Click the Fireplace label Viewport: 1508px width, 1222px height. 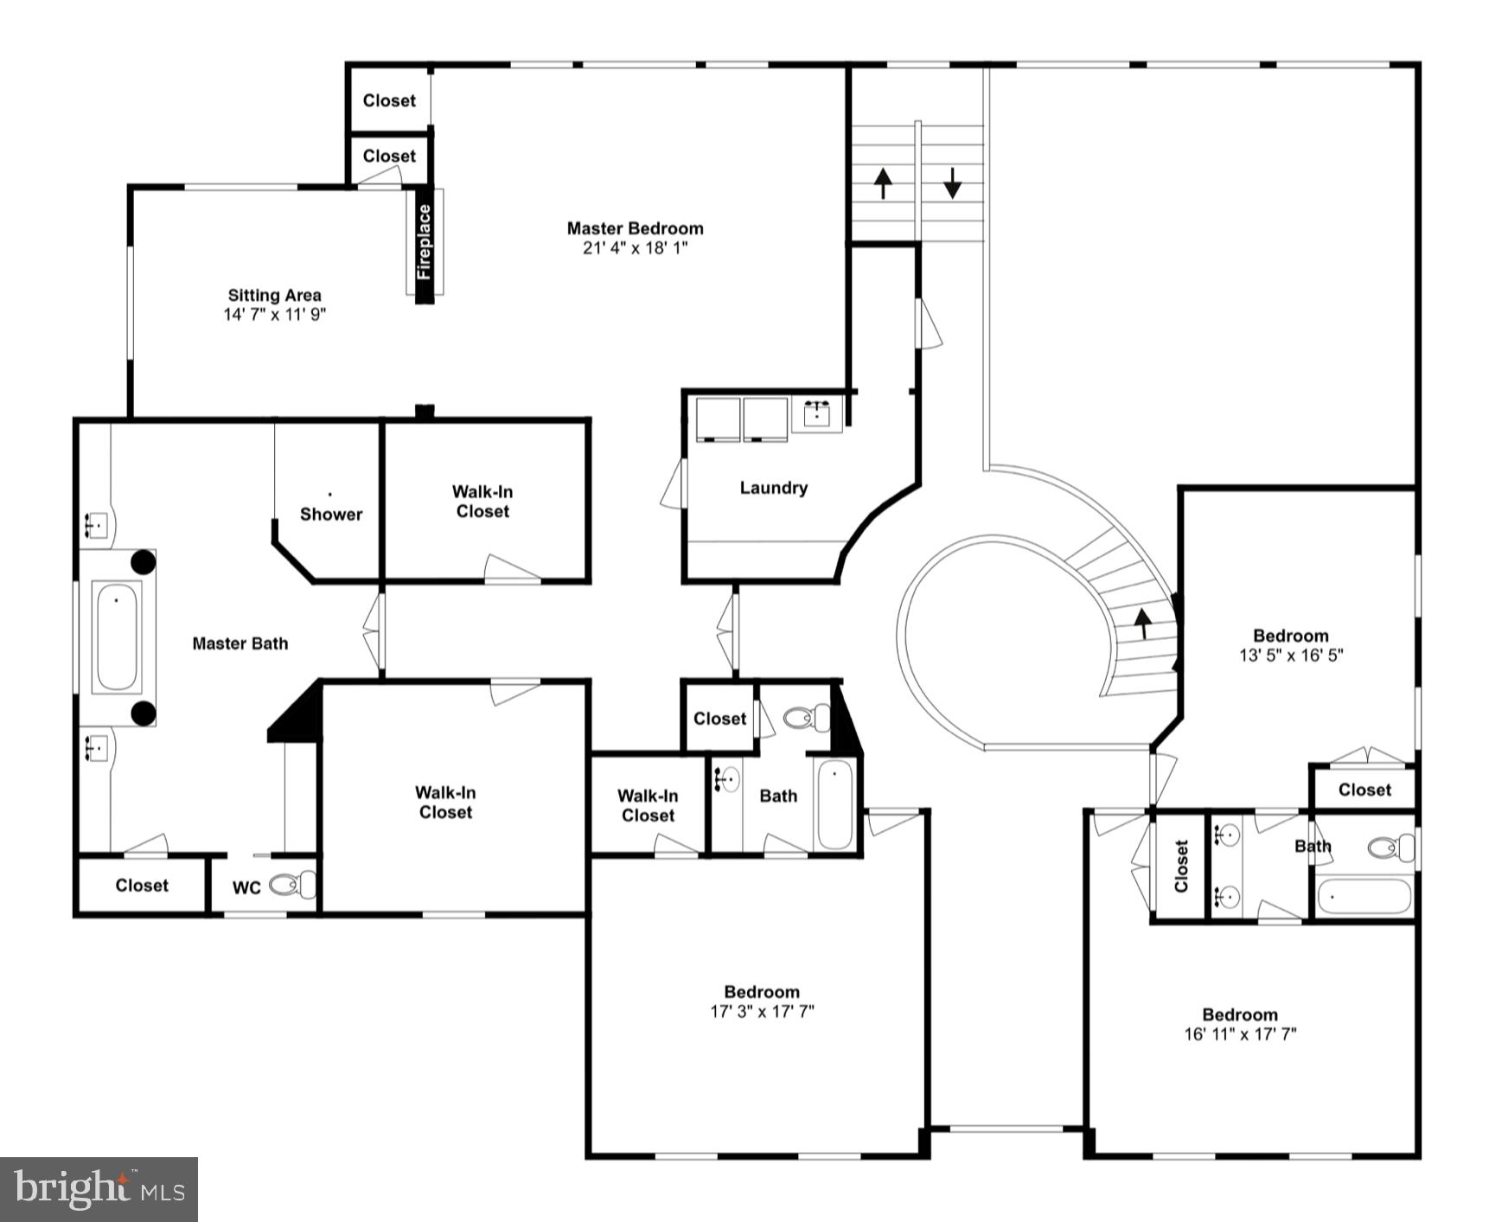424,242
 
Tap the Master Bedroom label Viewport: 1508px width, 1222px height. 635,228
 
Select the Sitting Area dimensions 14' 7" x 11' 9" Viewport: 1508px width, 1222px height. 274,315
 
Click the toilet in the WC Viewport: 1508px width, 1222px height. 292,885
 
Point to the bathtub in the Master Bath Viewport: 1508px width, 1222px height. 117,637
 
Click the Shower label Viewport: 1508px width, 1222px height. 330,514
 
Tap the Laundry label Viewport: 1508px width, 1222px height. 773,488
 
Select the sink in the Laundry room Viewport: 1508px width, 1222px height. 817,415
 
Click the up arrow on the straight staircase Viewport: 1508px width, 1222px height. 882,183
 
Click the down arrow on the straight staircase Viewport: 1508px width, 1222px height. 952,183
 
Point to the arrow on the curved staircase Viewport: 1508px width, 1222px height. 1143,621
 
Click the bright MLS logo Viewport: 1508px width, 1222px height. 99,1189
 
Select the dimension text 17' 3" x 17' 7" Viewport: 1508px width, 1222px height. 762,1011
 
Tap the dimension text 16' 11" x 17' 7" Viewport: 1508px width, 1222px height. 1240,1033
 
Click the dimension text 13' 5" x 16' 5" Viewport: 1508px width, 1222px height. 1290,656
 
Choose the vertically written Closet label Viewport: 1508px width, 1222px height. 1181,866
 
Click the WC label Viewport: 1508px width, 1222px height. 246,888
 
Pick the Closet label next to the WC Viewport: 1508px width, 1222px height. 142,886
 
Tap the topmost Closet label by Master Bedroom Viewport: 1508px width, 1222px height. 389,100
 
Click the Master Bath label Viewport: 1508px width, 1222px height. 240,643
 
